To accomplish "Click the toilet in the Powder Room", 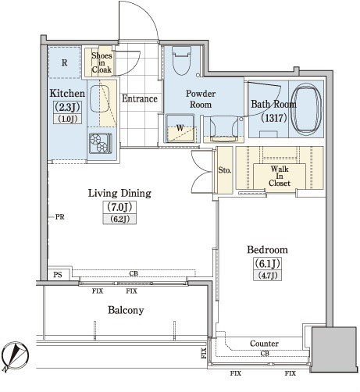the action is coord(181,61).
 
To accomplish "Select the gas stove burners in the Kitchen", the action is coord(100,143).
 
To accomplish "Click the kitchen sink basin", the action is coord(99,98).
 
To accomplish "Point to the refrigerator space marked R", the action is coord(64,62).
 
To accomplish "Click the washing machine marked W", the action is coord(180,128).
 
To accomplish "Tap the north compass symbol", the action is coord(15,357).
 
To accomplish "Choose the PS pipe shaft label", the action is coord(58,275).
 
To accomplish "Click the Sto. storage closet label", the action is coord(225,170).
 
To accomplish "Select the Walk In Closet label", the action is coord(280,176).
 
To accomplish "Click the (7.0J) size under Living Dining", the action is coord(119,207).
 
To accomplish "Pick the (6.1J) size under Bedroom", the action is coord(267,263).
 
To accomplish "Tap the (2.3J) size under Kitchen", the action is coord(67,107).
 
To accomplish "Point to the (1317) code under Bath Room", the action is coord(274,118).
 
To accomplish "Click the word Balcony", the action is coord(126,310).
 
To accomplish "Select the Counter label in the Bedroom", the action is coord(264,344).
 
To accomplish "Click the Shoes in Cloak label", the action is coord(102,62).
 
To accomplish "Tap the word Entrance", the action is coord(140,98).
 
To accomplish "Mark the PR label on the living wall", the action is coord(60,217).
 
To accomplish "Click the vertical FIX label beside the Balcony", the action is coord(204,353).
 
